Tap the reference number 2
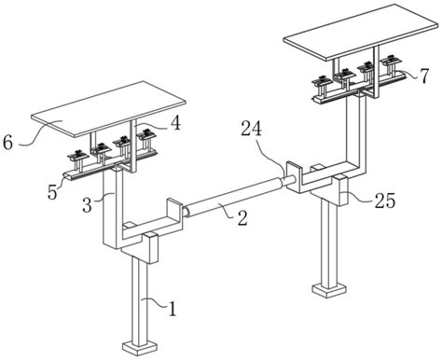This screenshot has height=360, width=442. [242, 217]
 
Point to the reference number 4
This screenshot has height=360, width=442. [175, 123]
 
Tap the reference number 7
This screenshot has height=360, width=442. [424, 76]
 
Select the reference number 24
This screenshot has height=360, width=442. [251, 130]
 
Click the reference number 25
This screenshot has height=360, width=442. [385, 201]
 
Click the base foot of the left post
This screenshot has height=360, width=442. [140, 348]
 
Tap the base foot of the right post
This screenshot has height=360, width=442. [329, 290]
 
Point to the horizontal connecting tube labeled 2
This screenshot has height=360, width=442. [235, 198]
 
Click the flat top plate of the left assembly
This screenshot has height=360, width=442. [108, 109]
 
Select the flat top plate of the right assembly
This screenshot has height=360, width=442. [361, 32]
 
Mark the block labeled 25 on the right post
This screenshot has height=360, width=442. [340, 189]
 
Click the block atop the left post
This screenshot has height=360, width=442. [150, 248]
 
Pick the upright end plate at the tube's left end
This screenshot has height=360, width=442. [174, 213]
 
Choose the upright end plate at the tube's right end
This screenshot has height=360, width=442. [294, 175]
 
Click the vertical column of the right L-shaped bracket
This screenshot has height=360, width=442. [356, 132]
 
